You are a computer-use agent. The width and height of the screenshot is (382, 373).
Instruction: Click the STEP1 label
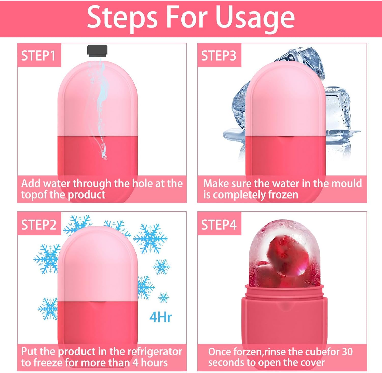point(38,55)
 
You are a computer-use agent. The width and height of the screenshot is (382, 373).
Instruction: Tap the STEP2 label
point(39,225)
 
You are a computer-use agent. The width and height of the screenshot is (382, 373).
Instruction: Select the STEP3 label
point(219,55)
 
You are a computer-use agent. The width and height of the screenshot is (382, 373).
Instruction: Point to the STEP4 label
point(219,225)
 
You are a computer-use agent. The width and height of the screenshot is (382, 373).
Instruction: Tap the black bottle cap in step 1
point(97,50)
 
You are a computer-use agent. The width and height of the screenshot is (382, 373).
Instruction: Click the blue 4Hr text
point(161,317)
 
